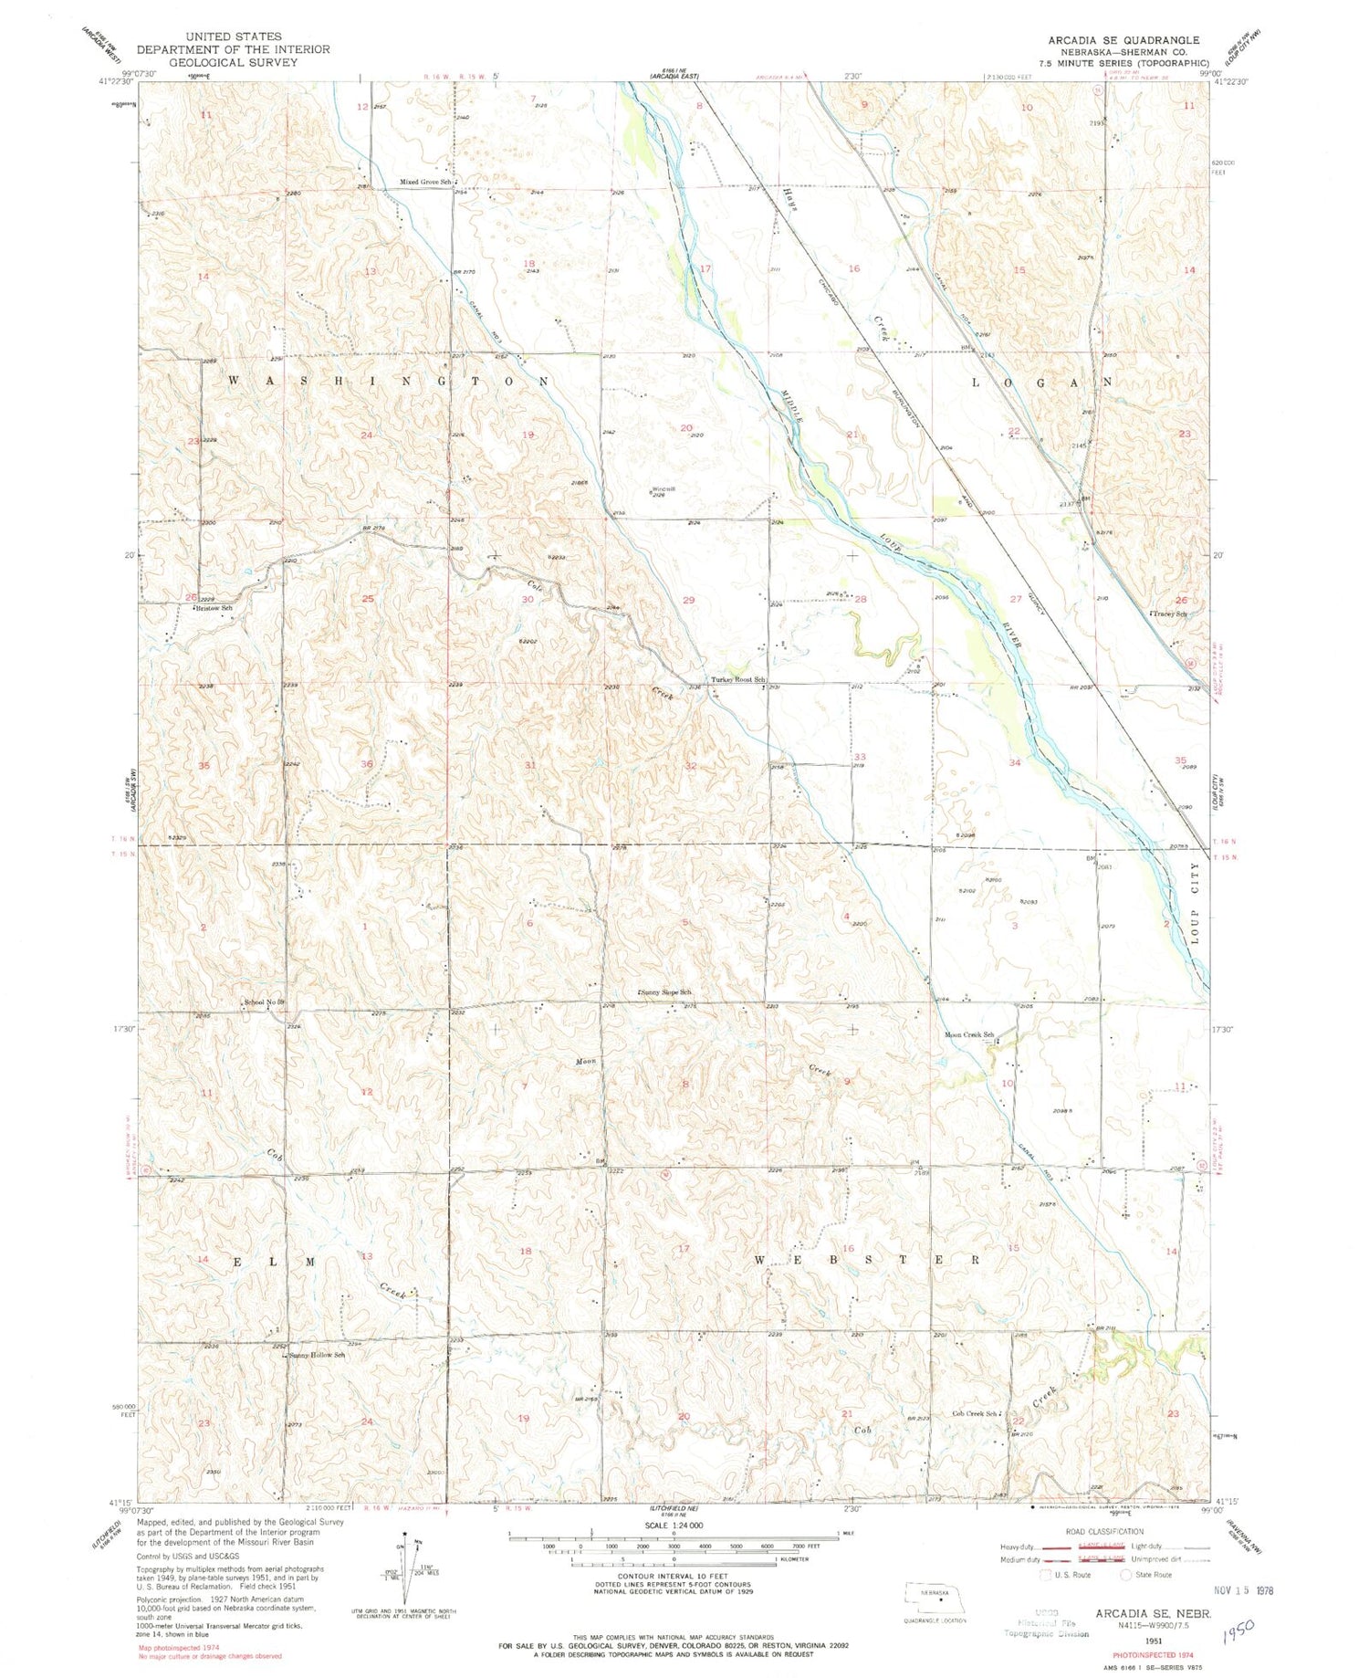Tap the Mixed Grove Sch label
click(x=426, y=182)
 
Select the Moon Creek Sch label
click(x=968, y=1034)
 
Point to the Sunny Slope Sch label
click(x=665, y=991)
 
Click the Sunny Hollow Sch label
click(x=317, y=1355)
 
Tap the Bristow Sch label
click(x=214, y=607)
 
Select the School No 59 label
click(x=265, y=1002)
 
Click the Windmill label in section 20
click(x=664, y=489)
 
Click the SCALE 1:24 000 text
click(x=674, y=1525)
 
